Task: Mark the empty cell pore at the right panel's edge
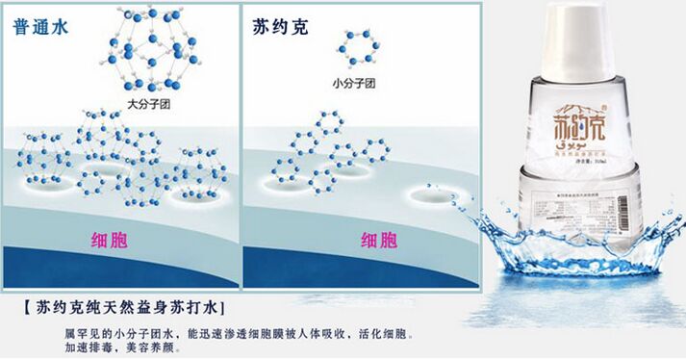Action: pyautogui.click(x=434, y=194)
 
